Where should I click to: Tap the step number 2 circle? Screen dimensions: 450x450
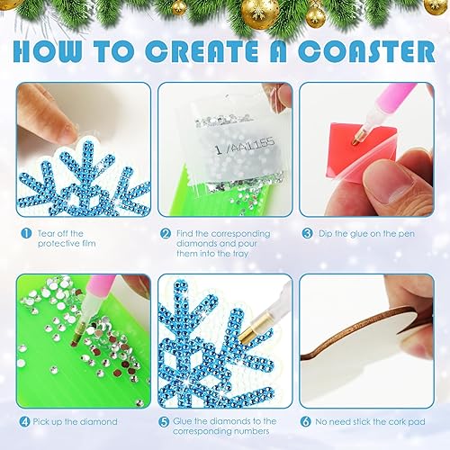pyautogui.click(x=166, y=232)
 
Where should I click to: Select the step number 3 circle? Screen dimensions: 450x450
pyautogui.click(x=306, y=232)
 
